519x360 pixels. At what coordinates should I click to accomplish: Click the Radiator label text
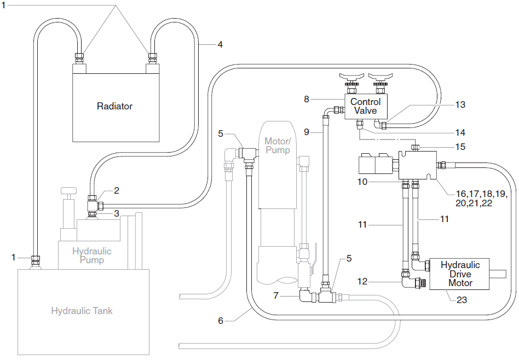pos(114,106)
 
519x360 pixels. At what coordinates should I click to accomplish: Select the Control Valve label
pos(365,106)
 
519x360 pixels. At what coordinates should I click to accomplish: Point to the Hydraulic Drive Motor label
pos(460,274)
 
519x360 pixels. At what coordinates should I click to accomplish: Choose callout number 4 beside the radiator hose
pos(220,44)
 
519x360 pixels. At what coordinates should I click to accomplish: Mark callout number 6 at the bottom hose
pos(221,321)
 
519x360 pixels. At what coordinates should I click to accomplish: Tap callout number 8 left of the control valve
pos(307,99)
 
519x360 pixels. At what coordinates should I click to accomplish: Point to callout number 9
pos(307,132)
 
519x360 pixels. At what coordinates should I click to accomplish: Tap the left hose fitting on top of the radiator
pos(80,57)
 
